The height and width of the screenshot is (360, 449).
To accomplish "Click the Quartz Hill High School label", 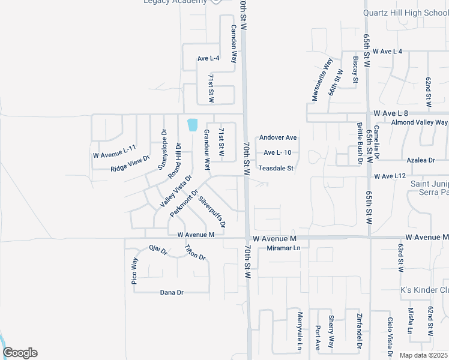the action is [406, 13].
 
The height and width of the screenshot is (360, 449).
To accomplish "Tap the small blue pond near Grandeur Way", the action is [193, 125].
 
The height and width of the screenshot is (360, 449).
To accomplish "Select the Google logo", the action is [20, 353].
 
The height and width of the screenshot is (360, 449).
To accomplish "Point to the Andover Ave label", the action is [278, 137].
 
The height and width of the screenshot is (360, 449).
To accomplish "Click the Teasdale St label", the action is [276, 169].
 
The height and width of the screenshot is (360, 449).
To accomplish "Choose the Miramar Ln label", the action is [283, 248].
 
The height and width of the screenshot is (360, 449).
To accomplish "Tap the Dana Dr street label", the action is [171, 292].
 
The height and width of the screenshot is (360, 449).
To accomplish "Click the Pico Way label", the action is [134, 270].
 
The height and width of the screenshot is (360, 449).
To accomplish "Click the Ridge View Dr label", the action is [130, 165].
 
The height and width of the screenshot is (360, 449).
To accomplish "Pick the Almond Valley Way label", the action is [419, 122].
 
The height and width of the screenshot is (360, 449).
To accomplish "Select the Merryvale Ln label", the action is [299, 331].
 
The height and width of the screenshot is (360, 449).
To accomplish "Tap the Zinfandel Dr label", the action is [359, 331].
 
